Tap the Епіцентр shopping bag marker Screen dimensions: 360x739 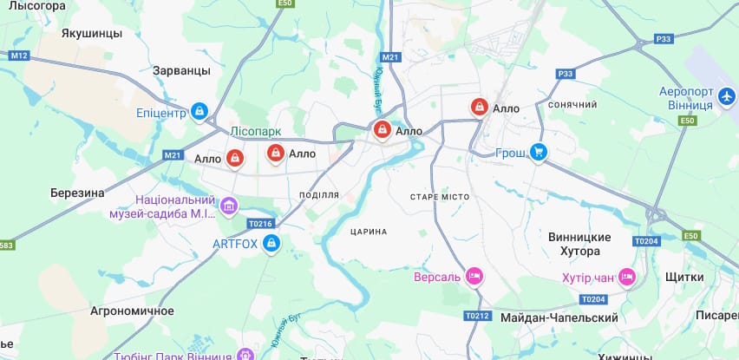[x=200, y=111]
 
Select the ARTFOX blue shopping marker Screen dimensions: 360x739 [x=271, y=244]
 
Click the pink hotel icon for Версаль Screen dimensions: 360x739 [x=474, y=277]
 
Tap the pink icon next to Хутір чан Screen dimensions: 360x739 [x=626, y=278]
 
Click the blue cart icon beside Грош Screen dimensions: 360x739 [x=539, y=153]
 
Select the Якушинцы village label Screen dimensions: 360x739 [x=92, y=33]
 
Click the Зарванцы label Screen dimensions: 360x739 [x=180, y=70]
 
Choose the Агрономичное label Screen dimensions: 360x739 [x=132, y=310]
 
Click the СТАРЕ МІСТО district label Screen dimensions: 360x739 [x=440, y=197]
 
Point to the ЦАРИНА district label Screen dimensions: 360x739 [x=369, y=232]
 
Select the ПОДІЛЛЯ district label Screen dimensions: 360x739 [x=318, y=195]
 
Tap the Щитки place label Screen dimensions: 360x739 [x=683, y=276]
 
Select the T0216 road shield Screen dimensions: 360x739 [x=260, y=223]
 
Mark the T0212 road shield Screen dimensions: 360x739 [x=477, y=315]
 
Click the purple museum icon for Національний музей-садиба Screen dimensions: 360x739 [x=229, y=206]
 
